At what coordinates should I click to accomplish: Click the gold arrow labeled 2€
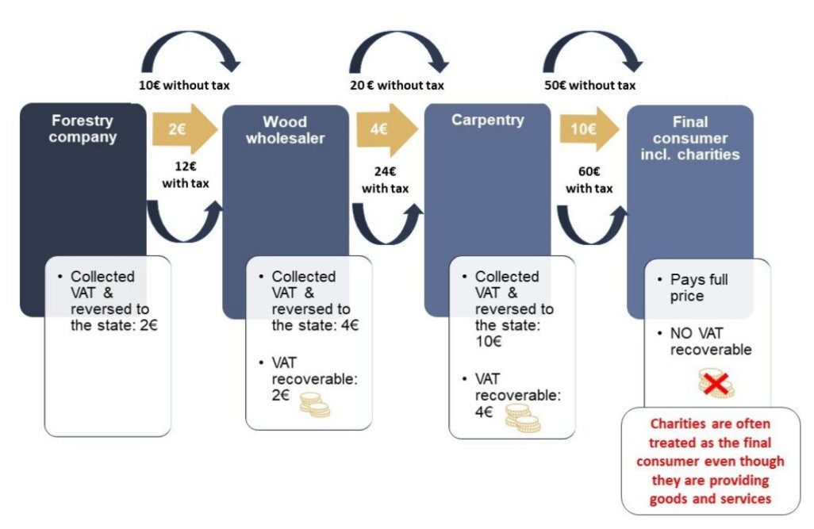click(184, 128)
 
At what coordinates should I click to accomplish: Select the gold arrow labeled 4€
click(386, 129)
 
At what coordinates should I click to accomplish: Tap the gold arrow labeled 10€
click(589, 128)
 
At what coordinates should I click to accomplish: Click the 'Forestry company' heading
click(83, 128)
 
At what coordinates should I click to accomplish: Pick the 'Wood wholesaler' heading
click(285, 130)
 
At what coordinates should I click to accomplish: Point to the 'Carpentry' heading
click(487, 120)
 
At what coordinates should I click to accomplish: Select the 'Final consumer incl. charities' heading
click(690, 138)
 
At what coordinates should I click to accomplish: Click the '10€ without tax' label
click(184, 85)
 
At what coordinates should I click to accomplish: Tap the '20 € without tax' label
click(397, 85)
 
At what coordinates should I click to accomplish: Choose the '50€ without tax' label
click(589, 85)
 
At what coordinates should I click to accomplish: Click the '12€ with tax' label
click(186, 175)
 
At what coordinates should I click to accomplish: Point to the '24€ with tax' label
click(386, 180)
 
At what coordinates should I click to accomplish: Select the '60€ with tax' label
click(589, 180)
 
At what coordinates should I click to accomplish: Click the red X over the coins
click(716, 384)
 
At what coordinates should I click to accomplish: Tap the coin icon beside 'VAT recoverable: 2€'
click(315, 405)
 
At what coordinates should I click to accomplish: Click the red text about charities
click(710, 461)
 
